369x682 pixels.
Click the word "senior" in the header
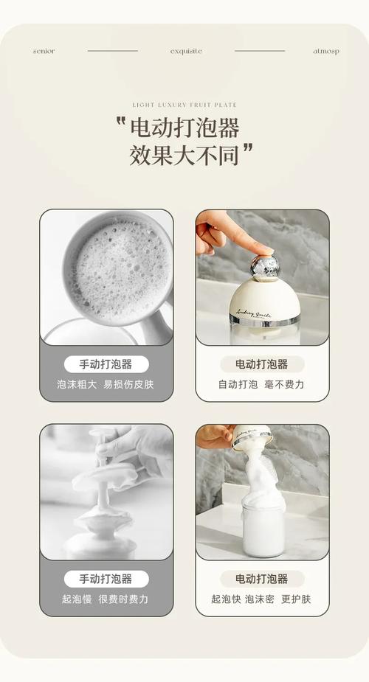point(44,52)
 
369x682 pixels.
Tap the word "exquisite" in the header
point(186,52)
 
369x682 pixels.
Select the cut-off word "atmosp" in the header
point(326,52)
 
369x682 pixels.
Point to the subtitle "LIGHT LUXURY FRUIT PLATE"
point(184,105)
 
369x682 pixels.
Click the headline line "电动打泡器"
point(185,128)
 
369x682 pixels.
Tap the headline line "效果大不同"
point(184,155)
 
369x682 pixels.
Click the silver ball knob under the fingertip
point(264,267)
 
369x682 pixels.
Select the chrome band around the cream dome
point(264,320)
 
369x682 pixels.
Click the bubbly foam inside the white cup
point(118,269)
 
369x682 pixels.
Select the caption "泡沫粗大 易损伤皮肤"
point(106,384)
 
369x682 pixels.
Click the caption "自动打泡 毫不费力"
point(261,384)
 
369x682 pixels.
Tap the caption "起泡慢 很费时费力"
point(105,599)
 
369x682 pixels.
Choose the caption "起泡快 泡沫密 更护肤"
point(261,599)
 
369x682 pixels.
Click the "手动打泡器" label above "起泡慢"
point(106,579)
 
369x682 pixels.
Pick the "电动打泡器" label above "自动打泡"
point(261,364)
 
